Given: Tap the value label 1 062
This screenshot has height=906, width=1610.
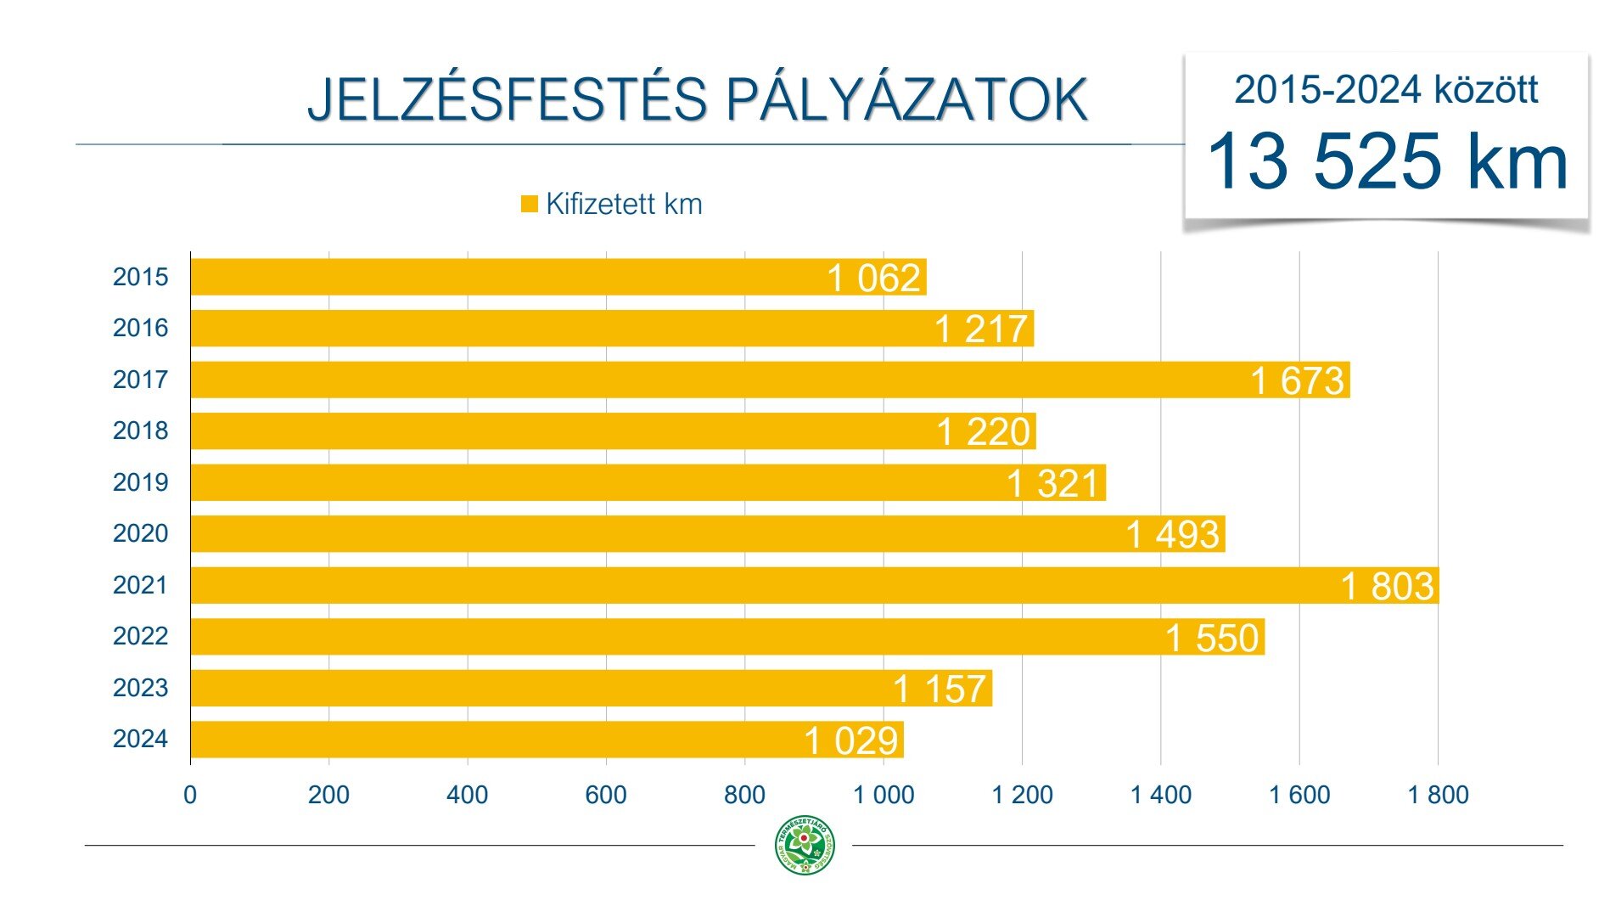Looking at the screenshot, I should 873,278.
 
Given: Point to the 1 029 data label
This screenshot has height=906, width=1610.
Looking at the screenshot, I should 850,740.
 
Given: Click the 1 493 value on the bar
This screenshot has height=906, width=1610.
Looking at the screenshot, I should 1172,535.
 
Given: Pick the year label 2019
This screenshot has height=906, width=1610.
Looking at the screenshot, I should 140,482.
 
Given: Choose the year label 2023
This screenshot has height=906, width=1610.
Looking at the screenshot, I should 140,688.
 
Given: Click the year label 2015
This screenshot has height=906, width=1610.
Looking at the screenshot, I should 140,277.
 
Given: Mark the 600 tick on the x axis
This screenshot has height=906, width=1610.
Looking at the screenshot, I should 606,796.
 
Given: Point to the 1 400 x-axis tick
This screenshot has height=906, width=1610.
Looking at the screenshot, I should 1160,796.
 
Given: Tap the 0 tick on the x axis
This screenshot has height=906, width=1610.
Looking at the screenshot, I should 190,796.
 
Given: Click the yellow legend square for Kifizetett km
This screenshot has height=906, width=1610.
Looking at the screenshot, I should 530,204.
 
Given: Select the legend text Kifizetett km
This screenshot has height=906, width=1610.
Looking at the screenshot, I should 624,204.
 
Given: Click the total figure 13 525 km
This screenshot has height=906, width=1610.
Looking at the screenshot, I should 1387,161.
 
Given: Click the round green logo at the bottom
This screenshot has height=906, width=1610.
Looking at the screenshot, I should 805,845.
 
